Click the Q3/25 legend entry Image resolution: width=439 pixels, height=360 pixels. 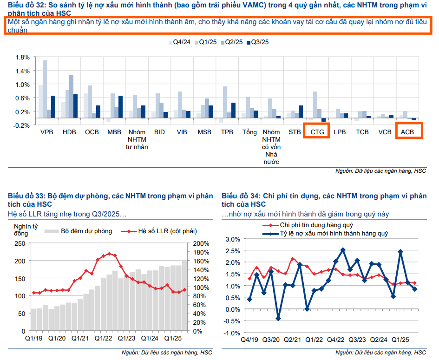257,42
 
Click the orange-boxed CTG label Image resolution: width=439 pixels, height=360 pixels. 317,132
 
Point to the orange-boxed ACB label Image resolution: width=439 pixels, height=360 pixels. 409,132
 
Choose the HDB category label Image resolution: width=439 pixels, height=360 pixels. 69,132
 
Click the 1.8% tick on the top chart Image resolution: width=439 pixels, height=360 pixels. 22,57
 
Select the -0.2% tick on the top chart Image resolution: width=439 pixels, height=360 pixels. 21,125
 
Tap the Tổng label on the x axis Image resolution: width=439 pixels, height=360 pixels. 249,132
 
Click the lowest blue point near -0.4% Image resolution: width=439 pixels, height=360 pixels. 278,319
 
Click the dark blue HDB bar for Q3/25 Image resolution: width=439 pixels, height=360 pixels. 75,105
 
